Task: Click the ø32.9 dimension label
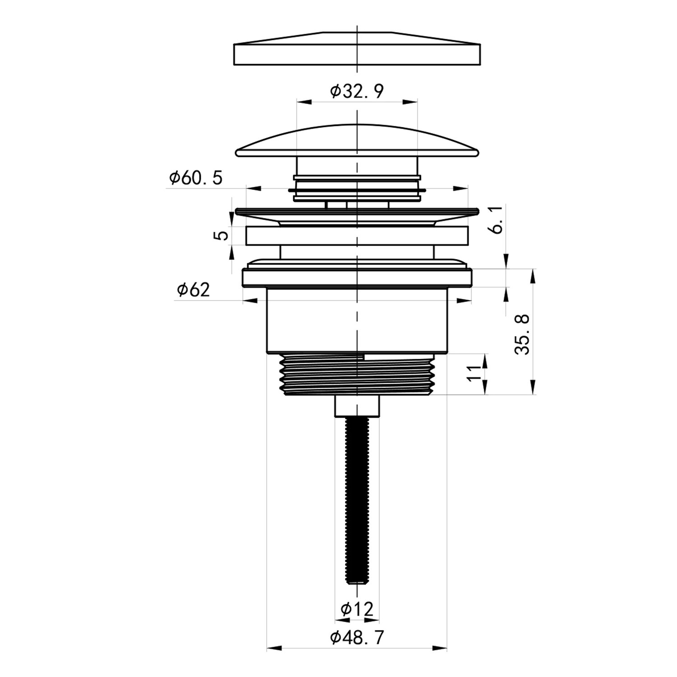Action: coord(357,92)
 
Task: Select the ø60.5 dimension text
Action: coord(196,178)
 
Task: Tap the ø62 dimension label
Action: coord(194,290)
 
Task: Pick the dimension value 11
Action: coord(474,374)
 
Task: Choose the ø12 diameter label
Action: coord(357,610)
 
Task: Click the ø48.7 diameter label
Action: coord(357,638)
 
